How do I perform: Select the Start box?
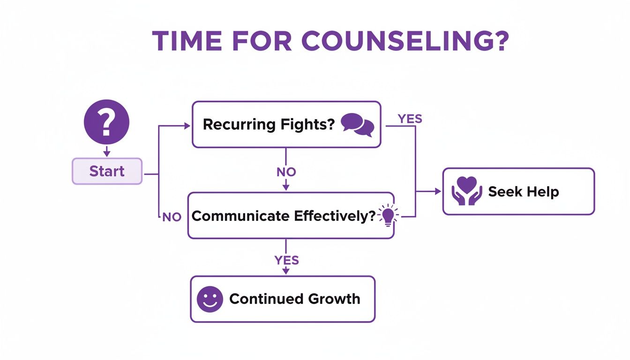pyautogui.click(x=107, y=171)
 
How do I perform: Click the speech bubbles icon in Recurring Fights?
pyautogui.click(x=357, y=125)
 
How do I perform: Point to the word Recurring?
pyautogui.click(x=239, y=125)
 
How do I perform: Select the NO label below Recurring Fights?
pyautogui.click(x=286, y=172)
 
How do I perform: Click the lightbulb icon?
pyautogui.click(x=388, y=216)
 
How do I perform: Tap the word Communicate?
pyautogui.click(x=240, y=216)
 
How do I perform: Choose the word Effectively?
pyautogui.click(x=334, y=216)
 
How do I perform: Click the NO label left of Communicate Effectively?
pyautogui.click(x=172, y=217)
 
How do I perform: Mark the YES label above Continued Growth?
pyautogui.click(x=286, y=260)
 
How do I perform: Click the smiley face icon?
pyautogui.click(x=210, y=299)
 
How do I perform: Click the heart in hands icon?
pyautogui.click(x=467, y=191)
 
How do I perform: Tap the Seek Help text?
pyautogui.click(x=523, y=191)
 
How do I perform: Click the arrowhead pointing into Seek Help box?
pyautogui.click(x=438, y=191)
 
